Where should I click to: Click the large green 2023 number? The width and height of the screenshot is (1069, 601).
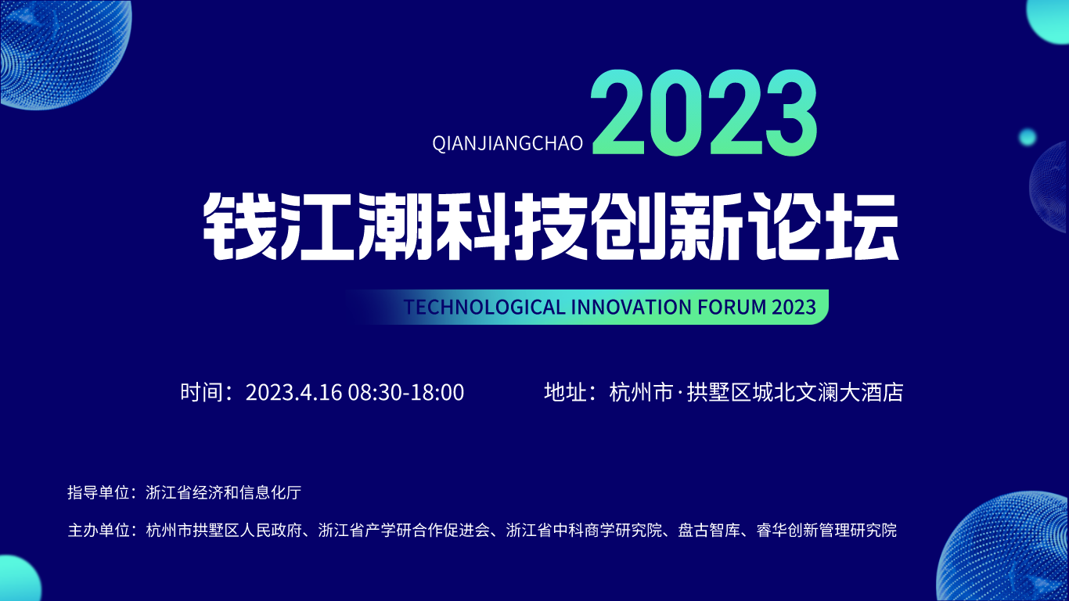704,113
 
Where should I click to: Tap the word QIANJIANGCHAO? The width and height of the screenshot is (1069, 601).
508,143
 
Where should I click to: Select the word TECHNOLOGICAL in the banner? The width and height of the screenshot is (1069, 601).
484,307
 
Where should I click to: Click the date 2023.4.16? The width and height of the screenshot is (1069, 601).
293,392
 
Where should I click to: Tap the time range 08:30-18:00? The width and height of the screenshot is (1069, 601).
405,392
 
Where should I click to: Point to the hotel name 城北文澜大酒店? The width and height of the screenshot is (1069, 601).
828,392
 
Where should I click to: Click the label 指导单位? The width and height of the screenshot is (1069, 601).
98,492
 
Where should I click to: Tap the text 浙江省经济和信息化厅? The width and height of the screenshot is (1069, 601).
223,492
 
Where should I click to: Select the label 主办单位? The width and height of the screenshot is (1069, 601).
98,531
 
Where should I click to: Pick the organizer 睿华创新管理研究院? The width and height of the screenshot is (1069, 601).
826,531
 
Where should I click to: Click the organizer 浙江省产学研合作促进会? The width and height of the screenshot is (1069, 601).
405,531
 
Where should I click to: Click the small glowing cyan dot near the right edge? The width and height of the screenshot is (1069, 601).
1028,138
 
